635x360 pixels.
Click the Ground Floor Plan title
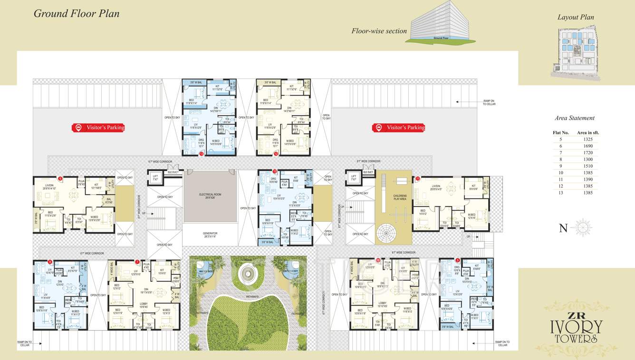[x=77, y=13]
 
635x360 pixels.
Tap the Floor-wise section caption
[x=379, y=31]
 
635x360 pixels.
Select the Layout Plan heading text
[x=576, y=17]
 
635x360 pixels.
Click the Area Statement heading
[x=574, y=118]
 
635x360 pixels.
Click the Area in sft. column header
[x=587, y=133]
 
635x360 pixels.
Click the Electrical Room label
[x=210, y=195]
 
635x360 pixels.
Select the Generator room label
[x=210, y=234]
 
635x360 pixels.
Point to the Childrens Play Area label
[x=400, y=197]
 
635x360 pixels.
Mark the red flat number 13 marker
[x=202, y=154]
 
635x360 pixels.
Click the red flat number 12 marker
[x=276, y=154]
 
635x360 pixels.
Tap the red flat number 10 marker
[x=275, y=172]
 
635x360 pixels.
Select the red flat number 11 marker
[x=418, y=179]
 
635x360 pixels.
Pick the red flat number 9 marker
[x=60, y=179]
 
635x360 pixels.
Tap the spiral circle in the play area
[x=388, y=234]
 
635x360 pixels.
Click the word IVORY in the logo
[x=576, y=327]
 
